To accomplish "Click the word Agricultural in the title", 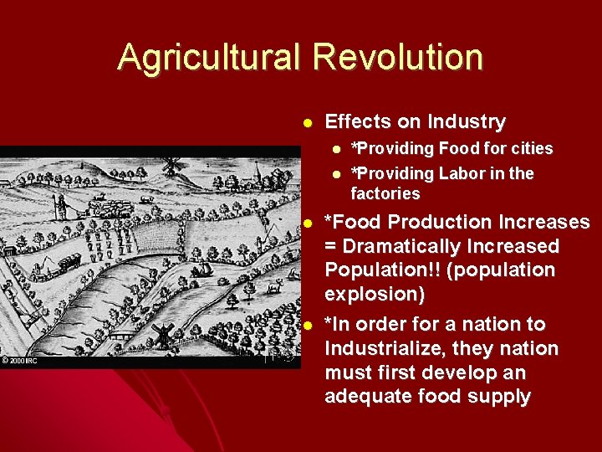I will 209,58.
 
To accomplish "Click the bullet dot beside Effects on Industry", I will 308,122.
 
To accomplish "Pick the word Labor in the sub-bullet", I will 456,174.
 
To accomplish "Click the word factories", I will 385,194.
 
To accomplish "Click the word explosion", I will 375,295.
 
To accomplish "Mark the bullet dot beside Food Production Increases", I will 308,223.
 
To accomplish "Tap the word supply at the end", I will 500,396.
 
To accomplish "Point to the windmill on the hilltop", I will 172,165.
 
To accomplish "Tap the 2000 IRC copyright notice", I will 20,361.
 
